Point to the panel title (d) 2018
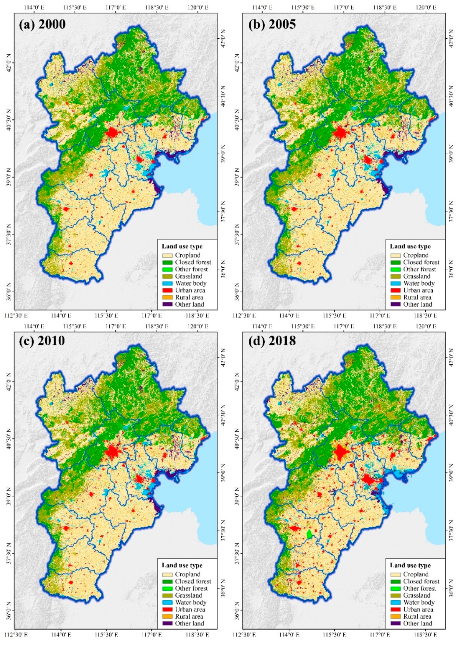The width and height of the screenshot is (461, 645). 272,341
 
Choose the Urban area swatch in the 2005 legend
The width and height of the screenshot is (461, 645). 396,290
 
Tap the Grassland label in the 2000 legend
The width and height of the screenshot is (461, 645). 189,276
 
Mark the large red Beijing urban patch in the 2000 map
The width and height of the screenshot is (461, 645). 112,133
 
